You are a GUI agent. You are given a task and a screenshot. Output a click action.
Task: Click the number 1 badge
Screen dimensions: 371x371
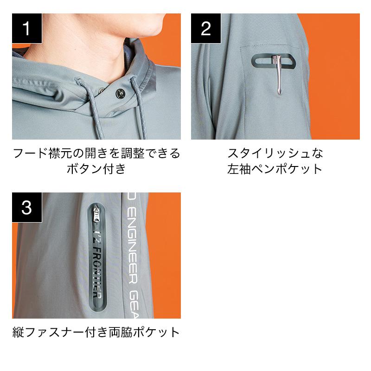27,28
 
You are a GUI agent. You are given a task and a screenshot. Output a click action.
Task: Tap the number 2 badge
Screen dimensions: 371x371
206,28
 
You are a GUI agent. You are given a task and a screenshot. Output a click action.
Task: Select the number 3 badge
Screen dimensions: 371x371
27,207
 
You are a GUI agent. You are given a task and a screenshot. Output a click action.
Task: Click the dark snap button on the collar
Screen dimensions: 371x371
120,93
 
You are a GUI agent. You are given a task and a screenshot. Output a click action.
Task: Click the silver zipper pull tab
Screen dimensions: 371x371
96,214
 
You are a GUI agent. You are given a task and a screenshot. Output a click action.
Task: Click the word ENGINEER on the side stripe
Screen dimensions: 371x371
132,247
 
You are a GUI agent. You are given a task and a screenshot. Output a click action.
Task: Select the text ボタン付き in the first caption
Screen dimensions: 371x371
96,169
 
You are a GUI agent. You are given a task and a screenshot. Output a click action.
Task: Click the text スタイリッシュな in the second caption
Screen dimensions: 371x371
275,154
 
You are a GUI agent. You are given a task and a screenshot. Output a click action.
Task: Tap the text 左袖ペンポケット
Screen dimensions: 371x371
275,169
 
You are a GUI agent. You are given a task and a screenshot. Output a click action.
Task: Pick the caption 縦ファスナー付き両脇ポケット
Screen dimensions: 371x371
96,332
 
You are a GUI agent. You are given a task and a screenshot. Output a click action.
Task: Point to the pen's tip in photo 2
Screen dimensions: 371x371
280,94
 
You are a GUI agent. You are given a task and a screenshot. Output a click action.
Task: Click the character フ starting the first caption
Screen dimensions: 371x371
19,154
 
